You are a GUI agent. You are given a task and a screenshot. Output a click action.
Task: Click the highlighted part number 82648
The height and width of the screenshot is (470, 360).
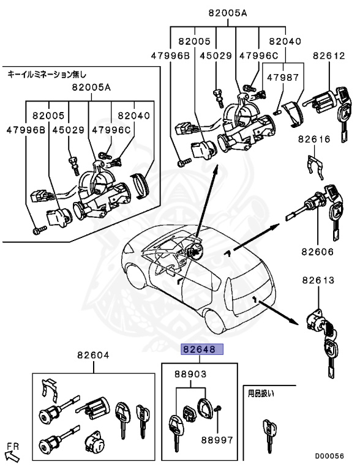coord(202,350)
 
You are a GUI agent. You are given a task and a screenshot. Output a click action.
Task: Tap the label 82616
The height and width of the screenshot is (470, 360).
coord(315,140)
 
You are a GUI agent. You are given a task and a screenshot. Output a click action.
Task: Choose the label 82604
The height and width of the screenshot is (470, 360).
coord(93,355)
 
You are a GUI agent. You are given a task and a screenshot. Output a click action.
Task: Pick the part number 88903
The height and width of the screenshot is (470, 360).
coord(190,374)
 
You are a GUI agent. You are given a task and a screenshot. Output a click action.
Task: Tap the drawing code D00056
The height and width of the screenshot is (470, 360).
coord(330,456)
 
